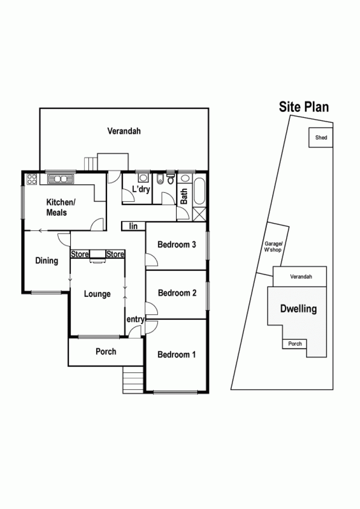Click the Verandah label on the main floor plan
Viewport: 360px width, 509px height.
pos(124,131)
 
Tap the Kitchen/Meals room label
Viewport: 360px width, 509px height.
pos(61,207)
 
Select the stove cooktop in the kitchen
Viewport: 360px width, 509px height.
pos(31,179)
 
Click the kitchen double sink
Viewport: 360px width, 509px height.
pos(61,179)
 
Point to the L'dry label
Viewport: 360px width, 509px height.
pos(141,189)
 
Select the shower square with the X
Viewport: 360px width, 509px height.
pos(199,214)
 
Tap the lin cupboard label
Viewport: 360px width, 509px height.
pos(133,226)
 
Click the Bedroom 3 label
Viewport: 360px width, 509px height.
pos(177,245)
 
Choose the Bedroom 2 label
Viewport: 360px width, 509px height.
pos(177,293)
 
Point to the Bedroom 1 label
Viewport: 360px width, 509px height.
pos(176,354)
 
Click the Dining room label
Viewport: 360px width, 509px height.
pos(47,261)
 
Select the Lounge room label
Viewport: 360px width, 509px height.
pos(97,294)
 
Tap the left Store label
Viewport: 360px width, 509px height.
pos(80,254)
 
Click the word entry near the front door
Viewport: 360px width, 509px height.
pos(135,319)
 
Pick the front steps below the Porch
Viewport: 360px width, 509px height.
pos(133,380)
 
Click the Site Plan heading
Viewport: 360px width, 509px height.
pos(304,107)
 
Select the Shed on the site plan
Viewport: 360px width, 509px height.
pos(321,137)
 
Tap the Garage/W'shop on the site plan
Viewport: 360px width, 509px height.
pos(273,247)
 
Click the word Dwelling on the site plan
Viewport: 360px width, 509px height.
pos(298,309)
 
